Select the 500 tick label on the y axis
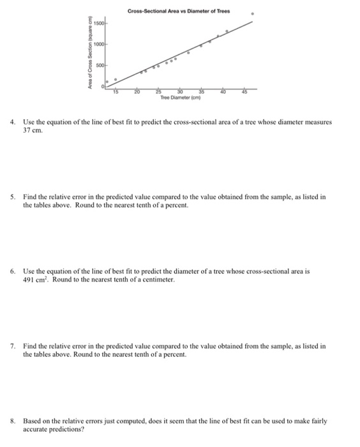coord(100,66)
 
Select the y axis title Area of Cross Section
coord(91,54)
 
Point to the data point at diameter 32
coord(188,52)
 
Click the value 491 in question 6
coord(30,280)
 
